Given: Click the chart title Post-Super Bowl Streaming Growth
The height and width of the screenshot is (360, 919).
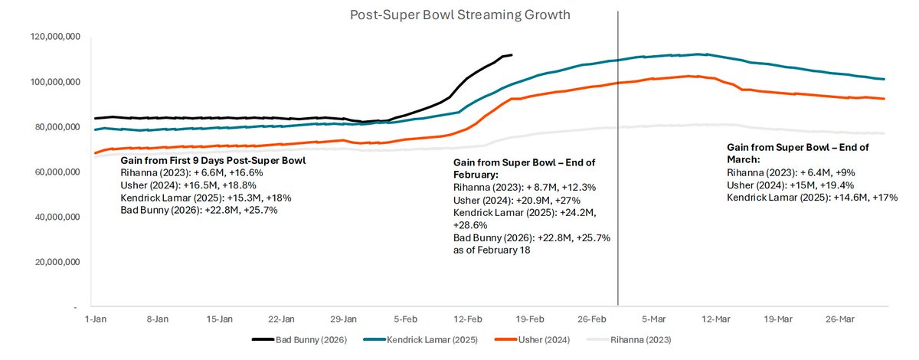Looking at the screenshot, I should (460, 15).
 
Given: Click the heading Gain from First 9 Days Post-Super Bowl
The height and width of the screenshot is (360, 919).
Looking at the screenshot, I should (213, 161).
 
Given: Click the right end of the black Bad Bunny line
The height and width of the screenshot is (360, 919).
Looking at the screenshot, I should (512, 55).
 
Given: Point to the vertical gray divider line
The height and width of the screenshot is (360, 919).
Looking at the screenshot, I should (618, 191).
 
